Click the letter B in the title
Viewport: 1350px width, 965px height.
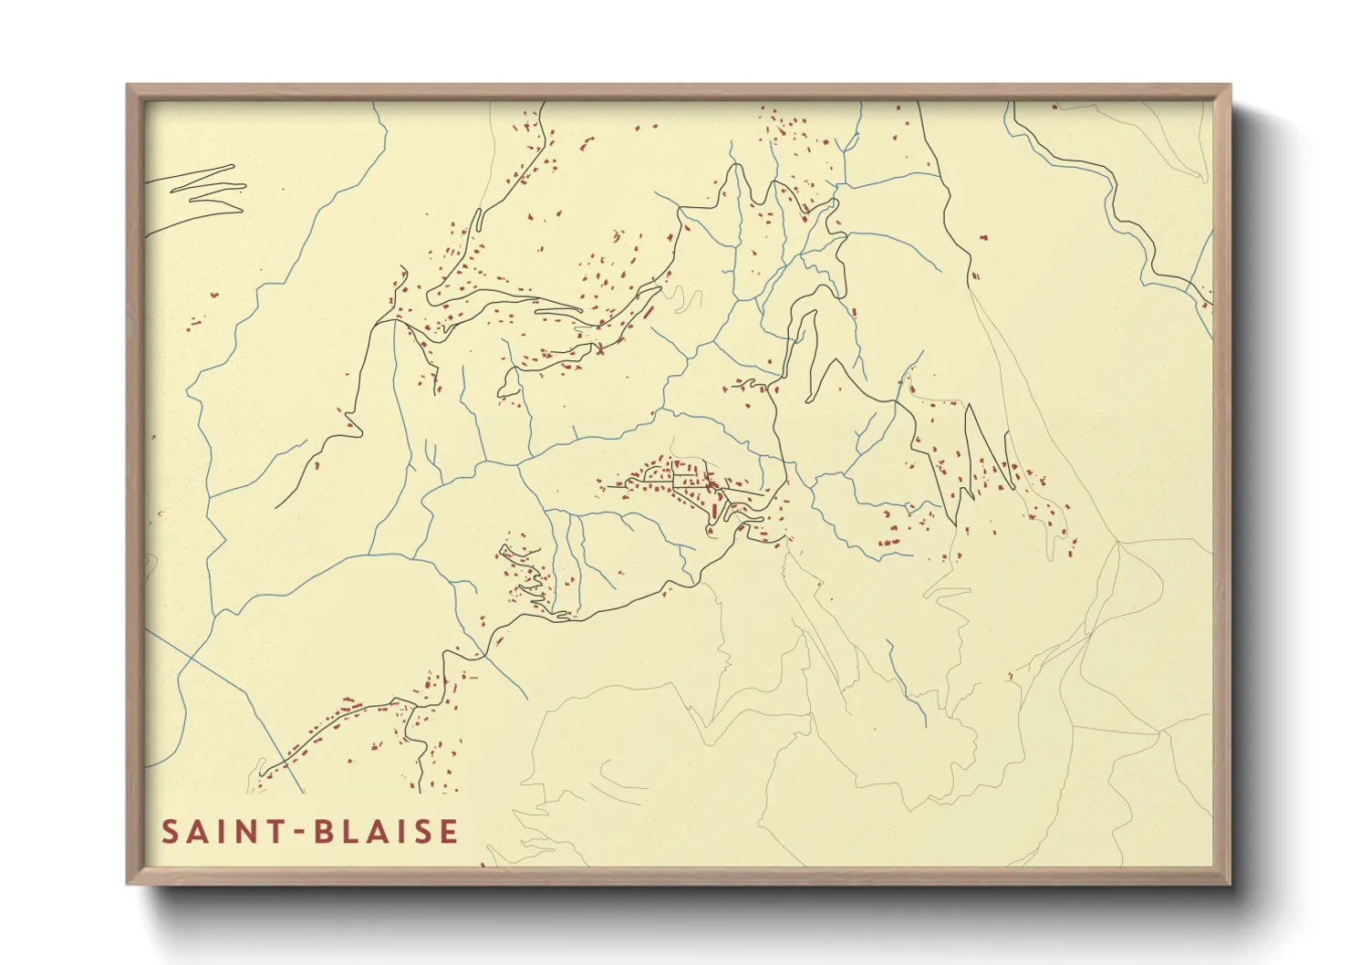pyautogui.click(x=324, y=832)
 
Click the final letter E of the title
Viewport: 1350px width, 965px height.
pyautogui.click(x=448, y=832)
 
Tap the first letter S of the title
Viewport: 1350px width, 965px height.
pyautogui.click(x=171, y=832)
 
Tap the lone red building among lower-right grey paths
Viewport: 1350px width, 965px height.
pyautogui.click(x=1011, y=676)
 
